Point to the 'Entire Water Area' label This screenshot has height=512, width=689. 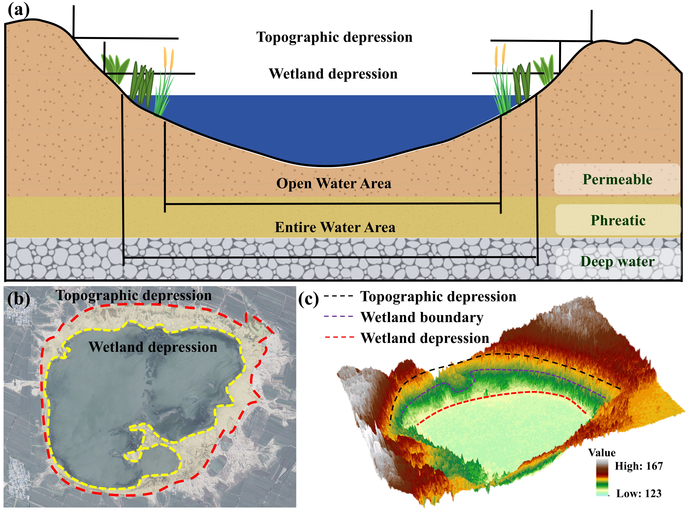[335, 227]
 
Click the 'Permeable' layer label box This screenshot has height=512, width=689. [617, 179]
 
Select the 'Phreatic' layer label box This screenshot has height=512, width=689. [618, 220]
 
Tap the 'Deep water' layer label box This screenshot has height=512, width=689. [618, 261]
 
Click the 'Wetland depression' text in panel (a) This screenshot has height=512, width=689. [333, 74]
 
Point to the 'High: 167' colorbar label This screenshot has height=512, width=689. [639, 466]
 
